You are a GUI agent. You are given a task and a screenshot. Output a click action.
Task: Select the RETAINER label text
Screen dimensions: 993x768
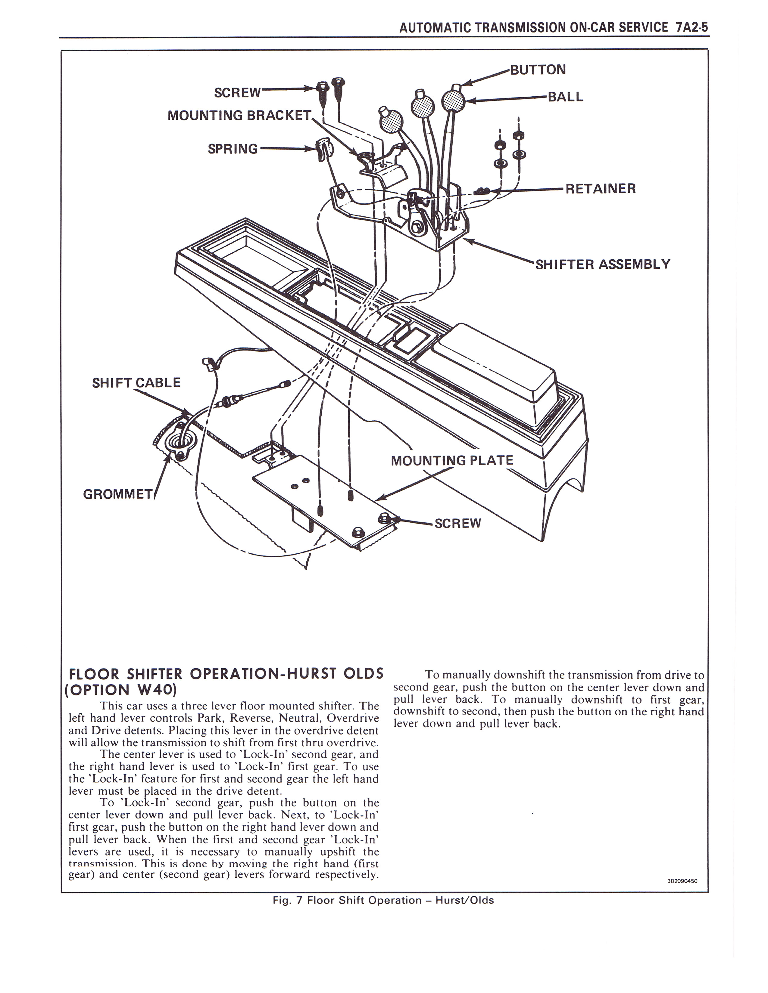600,189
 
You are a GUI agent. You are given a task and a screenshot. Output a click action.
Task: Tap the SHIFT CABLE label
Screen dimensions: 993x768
136,382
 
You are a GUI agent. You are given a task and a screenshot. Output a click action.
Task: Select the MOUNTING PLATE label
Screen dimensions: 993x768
452,461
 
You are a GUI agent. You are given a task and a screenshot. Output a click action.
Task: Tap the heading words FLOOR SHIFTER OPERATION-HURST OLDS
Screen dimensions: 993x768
226,674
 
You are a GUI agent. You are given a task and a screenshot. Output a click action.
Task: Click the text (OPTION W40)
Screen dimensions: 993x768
122,689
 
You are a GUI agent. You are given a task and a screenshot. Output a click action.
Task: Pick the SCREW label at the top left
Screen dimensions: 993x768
238,93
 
